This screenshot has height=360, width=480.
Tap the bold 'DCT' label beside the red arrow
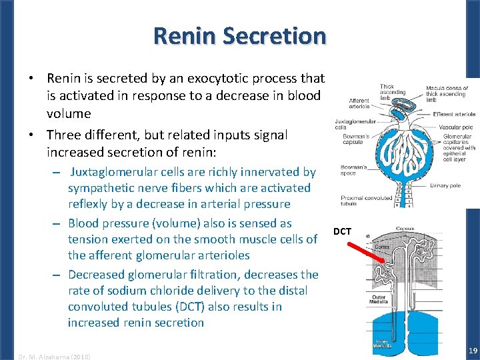coord(342,231)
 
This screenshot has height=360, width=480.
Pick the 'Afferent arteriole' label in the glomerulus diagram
coord(359,104)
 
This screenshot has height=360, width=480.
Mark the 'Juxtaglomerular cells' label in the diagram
coord(352,125)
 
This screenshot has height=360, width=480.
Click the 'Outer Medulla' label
coord(378,299)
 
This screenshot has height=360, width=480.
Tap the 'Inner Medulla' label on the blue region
coord(382,343)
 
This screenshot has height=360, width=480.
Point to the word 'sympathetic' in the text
coord(101,188)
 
